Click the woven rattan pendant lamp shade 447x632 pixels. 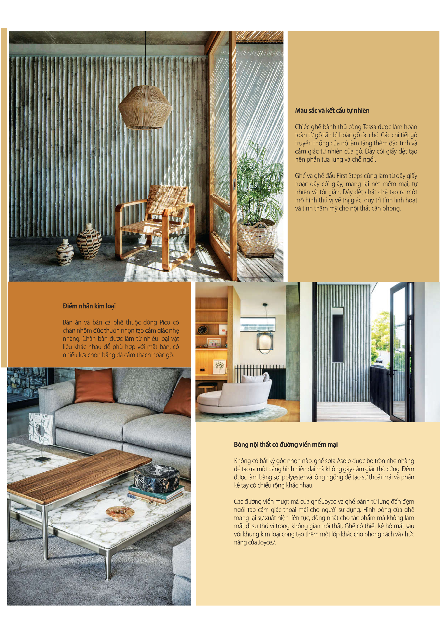pyautogui.click(x=145, y=108)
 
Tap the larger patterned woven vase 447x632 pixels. pyautogui.click(x=89, y=242)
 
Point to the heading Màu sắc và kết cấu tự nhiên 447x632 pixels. pyautogui.click(x=332, y=111)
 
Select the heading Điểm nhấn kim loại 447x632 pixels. pyautogui.click(x=89, y=306)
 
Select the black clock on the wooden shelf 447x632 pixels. pyautogui.click(x=202, y=330)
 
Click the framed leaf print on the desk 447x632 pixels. pyautogui.click(x=219, y=366)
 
